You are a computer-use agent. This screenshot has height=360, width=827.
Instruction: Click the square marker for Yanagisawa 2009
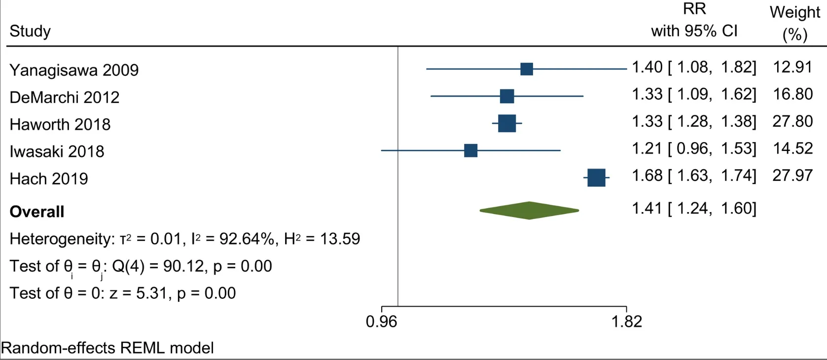click(x=526, y=69)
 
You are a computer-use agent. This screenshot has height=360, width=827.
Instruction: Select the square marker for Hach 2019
click(x=596, y=178)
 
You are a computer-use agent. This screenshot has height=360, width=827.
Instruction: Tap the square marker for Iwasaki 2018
click(x=470, y=150)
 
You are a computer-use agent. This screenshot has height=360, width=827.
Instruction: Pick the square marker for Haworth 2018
click(x=507, y=123)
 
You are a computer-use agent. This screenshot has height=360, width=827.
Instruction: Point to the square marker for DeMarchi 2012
click(x=507, y=96)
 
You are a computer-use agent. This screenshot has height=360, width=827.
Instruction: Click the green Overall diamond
click(x=529, y=211)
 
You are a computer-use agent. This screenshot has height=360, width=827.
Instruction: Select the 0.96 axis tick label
click(x=381, y=322)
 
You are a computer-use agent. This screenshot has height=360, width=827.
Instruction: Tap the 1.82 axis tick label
click(x=626, y=322)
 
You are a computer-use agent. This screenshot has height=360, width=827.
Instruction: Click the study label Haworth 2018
click(x=60, y=124)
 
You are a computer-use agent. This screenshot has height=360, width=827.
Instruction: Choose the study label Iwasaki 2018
click(x=57, y=151)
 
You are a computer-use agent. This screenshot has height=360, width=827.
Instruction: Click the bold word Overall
click(x=37, y=212)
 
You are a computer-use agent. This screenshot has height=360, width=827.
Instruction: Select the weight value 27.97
click(x=792, y=176)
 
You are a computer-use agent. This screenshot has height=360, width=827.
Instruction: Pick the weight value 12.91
click(x=792, y=67)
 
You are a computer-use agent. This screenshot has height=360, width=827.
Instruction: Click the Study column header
click(x=30, y=31)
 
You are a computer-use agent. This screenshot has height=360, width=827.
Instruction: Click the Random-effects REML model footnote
click(x=107, y=348)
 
